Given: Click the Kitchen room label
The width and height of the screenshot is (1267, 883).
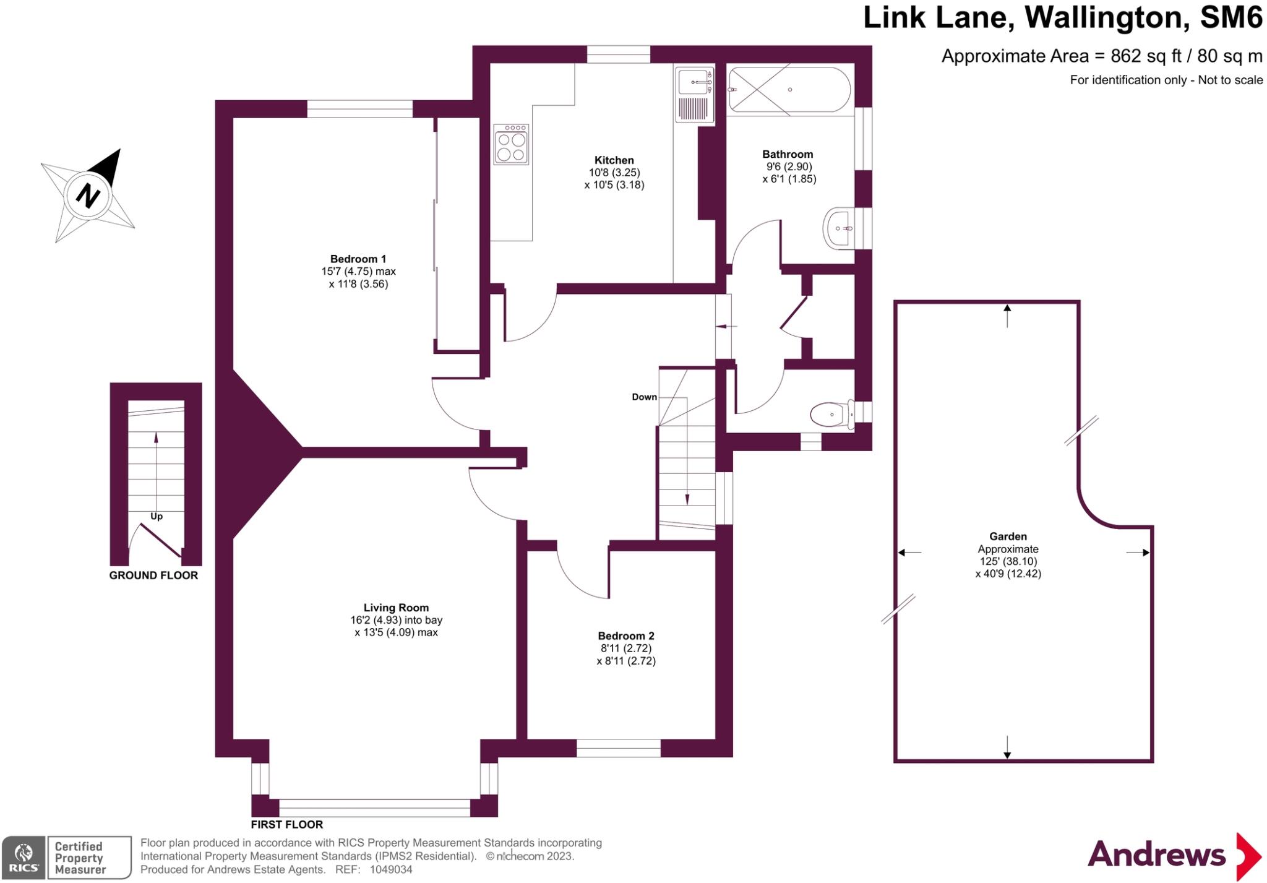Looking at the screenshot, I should coord(614,160).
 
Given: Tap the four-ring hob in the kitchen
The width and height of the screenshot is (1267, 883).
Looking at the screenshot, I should coord(511,145).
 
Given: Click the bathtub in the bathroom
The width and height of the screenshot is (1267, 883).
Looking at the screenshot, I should coord(789,90).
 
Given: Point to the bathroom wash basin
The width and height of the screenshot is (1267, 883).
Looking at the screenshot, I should coord(839,228).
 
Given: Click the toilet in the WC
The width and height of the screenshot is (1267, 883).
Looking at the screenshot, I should coord(832,415).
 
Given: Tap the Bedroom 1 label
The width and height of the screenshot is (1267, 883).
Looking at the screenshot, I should coord(358,259).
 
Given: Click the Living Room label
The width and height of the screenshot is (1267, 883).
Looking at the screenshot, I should coord(395,608).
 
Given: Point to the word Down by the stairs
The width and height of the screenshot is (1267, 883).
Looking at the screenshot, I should coord(644,397).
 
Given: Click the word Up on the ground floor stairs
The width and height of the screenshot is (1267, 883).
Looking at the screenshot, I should coord(157,516).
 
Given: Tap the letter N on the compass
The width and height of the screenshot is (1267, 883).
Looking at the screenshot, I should coord(88,196).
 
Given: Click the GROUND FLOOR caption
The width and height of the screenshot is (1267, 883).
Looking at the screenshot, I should coord(153,575).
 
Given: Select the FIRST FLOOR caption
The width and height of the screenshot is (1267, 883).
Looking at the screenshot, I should coord(286,824).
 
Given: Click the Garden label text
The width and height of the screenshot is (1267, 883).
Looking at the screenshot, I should coord(1008,536).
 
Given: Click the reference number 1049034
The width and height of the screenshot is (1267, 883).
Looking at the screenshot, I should coord(390,869).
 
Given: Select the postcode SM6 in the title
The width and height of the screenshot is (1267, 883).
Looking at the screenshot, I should coord(1230,17).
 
